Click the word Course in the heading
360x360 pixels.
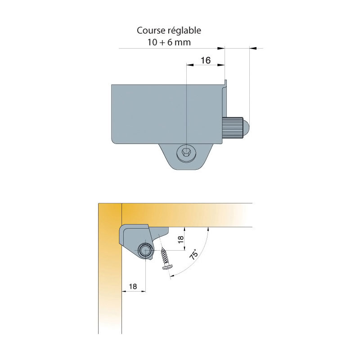pyautogui.click(x=151, y=31)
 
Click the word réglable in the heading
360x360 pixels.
pyautogui.click(x=184, y=31)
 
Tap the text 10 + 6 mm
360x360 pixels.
pyautogui.click(x=169, y=42)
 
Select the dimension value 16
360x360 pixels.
pyautogui.click(x=206, y=60)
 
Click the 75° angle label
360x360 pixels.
pyautogui.click(x=193, y=254)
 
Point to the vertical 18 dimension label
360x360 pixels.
pyautogui.click(x=181, y=239)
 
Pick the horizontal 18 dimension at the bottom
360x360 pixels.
pyautogui.click(x=133, y=286)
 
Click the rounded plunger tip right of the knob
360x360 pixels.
pyautogui.click(x=246, y=128)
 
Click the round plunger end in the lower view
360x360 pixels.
pyautogui.click(x=145, y=250)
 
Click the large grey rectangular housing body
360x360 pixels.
pyautogui.click(x=167, y=114)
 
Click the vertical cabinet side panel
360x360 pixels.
pyautogui.click(x=110, y=268)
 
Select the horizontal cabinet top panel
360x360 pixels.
pyautogui.click(x=187, y=215)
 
